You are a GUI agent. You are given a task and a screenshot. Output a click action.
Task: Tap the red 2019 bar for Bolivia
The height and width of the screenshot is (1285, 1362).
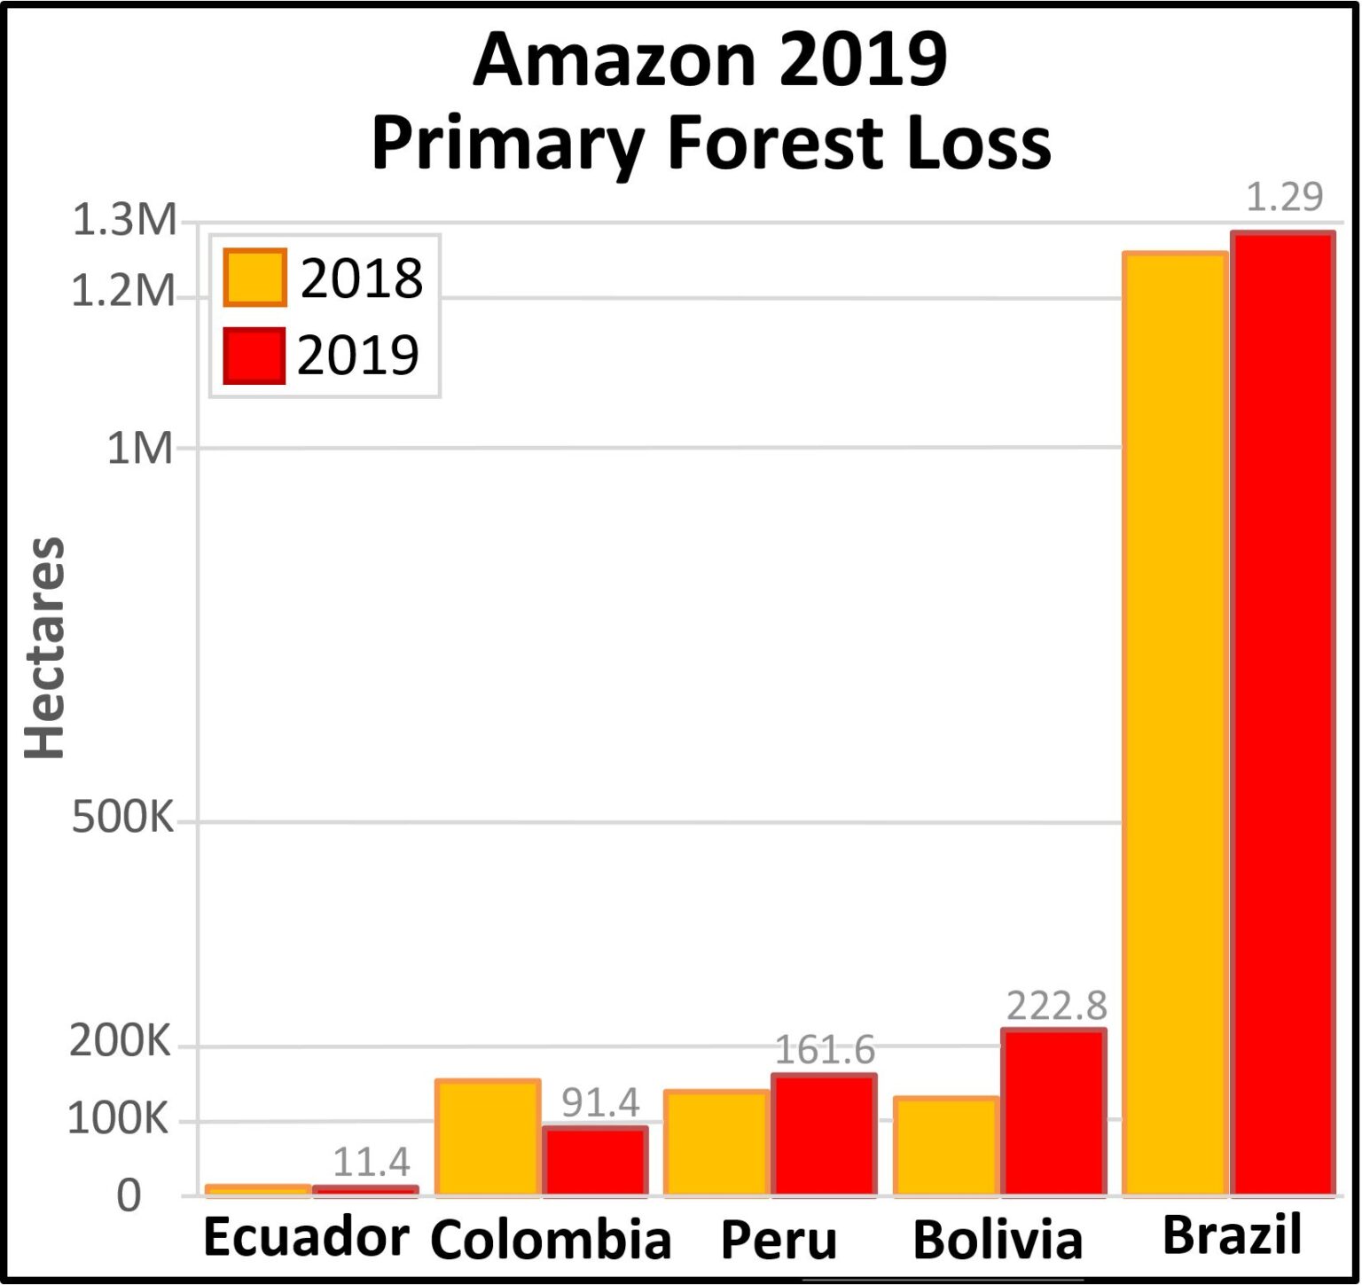(x=1053, y=1112)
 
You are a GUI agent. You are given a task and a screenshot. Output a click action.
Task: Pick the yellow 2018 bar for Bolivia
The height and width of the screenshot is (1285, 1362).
(x=946, y=1146)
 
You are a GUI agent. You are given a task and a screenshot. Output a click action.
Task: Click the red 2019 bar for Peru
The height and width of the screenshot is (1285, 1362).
(x=824, y=1135)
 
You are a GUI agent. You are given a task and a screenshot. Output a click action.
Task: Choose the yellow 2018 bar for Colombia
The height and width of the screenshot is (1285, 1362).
(x=488, y=1138)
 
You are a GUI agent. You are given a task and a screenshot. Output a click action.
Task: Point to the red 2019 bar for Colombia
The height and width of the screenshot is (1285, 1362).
(x=595, y=1161)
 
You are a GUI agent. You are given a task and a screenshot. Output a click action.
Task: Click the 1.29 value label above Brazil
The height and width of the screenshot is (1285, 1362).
(x=1284, y=197)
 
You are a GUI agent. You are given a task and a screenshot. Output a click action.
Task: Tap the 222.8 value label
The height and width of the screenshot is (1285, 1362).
(x=1056, y=1006)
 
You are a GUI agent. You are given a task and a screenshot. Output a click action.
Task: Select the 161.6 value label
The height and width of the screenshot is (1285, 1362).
(x=825, y=1050)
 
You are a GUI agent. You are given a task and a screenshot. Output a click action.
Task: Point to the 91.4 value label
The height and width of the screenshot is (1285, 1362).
(x=600, y=1102)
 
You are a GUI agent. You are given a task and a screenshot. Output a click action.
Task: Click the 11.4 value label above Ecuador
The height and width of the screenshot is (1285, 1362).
(x=371, y=1162)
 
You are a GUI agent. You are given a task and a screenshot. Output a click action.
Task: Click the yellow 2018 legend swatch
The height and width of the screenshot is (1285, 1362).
(x=254, y=278)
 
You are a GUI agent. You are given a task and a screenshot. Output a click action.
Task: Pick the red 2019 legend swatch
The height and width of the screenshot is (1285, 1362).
(x=254, y=356)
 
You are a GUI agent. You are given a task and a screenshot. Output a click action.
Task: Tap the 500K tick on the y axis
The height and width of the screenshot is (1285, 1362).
(x=122, y=817)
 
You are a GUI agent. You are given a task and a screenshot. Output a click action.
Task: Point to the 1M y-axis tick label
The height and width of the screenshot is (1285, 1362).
(x=139, y=449)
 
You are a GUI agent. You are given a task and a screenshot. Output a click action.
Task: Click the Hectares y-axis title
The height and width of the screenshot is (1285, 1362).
(x=44, y=647)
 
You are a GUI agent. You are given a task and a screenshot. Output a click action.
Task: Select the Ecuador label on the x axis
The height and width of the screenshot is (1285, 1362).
(x=306, y=1236)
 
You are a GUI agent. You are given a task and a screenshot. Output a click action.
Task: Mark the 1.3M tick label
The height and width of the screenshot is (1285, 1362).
(x=124, y=220)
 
